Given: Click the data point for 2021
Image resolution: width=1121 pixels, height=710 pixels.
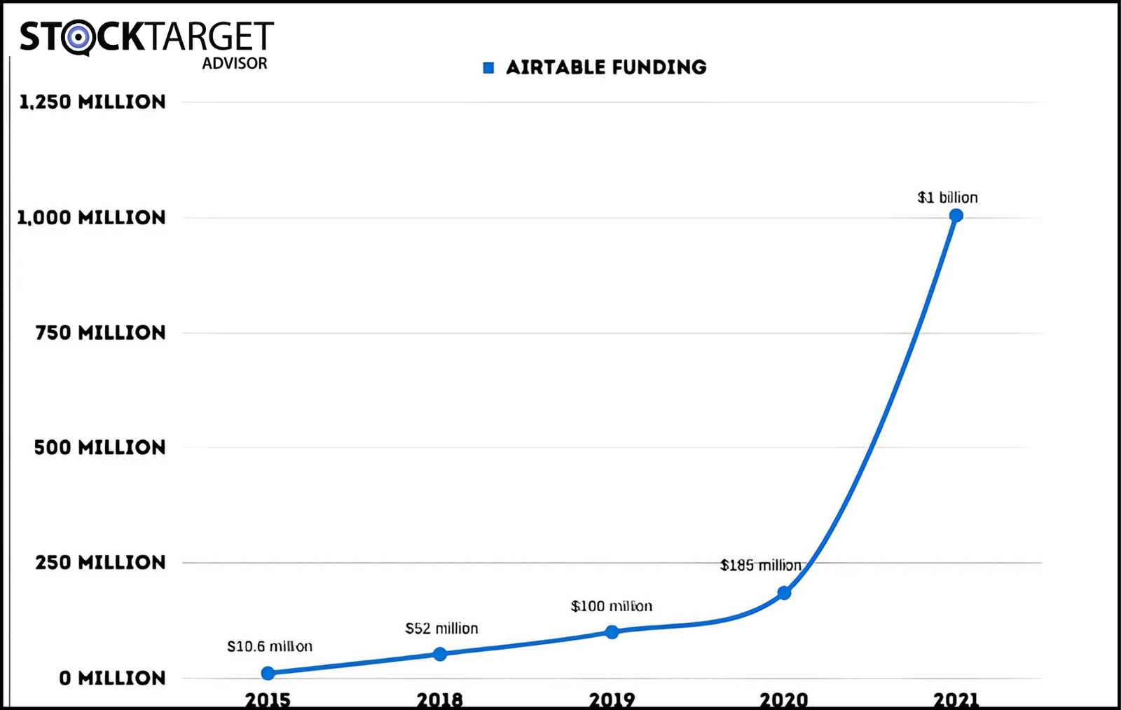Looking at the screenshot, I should (956, 215).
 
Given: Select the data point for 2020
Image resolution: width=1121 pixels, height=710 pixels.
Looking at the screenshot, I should (784, 593).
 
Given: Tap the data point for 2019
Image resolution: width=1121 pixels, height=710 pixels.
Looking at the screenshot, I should (612, 632).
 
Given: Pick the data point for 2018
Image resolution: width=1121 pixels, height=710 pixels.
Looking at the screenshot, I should (440, 654).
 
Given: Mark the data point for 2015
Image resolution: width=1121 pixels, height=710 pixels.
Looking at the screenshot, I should (268, 673).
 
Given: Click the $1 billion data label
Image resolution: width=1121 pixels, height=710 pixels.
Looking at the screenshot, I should (947, 198).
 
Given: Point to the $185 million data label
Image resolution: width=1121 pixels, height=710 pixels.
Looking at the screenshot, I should (760, 565).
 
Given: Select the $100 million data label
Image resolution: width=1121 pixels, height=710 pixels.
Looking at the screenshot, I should (611, 606).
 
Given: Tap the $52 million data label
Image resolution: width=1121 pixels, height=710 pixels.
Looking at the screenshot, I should (441, 629).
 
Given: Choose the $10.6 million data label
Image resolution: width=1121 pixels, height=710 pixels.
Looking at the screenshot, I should (270, 646).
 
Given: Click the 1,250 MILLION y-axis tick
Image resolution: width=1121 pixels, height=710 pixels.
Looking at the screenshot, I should (92, 102).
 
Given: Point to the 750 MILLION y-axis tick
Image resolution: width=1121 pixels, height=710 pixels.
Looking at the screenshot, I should (100, 333).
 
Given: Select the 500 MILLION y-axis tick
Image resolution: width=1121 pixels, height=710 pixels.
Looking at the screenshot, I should (99, 448).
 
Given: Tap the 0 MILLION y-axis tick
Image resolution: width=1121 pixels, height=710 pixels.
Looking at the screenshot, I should (112, 678).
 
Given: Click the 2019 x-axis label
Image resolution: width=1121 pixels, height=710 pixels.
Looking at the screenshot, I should (612, 699).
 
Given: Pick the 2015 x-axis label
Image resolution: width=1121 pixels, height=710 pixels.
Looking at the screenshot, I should (268, 699).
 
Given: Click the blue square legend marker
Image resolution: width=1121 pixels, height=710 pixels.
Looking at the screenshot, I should (489, 68).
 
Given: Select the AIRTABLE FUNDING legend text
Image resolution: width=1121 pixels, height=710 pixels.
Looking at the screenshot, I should (606, 67).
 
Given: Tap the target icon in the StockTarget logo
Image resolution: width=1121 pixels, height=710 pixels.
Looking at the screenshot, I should (78, 37).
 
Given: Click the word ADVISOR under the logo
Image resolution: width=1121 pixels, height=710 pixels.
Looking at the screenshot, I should (235, 63).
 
